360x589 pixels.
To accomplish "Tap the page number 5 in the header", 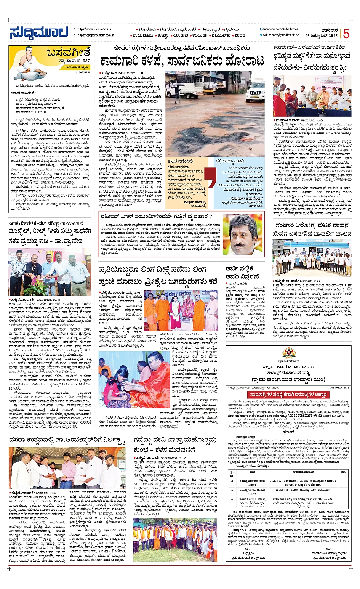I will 346,34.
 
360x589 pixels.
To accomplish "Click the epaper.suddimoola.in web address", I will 95,35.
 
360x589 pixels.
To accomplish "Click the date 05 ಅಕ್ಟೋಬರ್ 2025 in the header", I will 321,35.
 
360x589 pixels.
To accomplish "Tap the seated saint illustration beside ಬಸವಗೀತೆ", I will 28,63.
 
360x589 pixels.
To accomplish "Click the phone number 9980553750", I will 82,72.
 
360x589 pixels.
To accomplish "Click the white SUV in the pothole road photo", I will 256,92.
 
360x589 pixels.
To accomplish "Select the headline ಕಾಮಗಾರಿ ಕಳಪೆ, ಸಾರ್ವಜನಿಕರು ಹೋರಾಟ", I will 182,61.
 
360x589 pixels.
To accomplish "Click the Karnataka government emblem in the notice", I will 288,353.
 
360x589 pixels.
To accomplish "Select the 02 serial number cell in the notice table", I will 232,490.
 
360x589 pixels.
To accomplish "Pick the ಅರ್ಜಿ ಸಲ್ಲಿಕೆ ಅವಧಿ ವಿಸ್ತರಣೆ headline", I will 242,272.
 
